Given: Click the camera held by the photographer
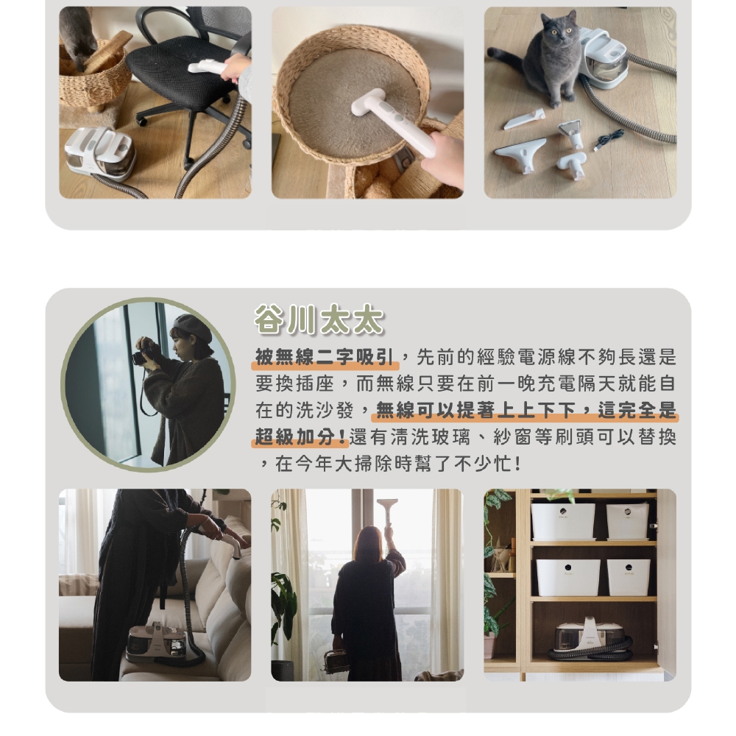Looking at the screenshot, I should tap(141, 358).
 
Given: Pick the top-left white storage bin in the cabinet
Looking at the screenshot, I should tap(563, 521).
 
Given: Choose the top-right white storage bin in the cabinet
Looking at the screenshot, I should tap(627, 520).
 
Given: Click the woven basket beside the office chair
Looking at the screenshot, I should tap(94, 77).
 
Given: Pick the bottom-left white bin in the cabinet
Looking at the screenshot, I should tap(567, 577).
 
